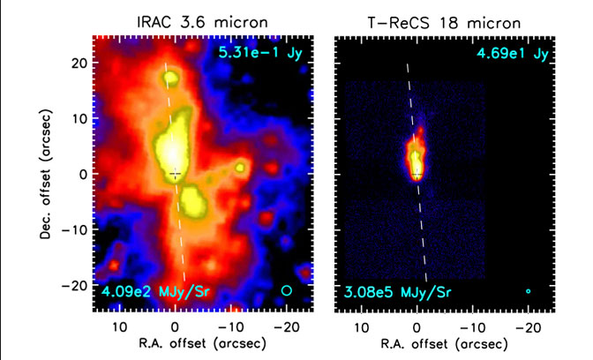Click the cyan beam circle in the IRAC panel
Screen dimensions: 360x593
pos(285,289)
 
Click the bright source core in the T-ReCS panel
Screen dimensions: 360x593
pos(416,163)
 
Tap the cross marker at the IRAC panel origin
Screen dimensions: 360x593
pos(176,174)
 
